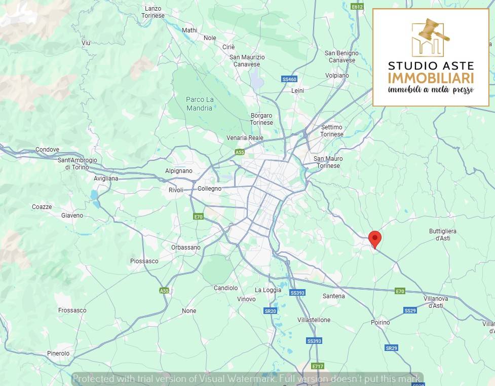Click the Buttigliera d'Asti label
click(x=443, y=234)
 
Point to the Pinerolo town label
click(x=58, y=353)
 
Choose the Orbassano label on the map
click(x=186, y=248)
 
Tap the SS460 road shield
click(x=289, y=79)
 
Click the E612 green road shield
click(x=357, y=7)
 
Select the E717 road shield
click(x=318, y=366)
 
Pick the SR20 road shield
click(x=270, y=311)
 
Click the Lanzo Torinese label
click(x=153, y=12)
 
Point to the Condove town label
click(x=47, y=150)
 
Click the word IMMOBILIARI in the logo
click(x=431, y=78)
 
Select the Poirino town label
click(x=380, y=322)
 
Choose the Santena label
click(x=333, y=296)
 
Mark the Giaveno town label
click(x=72, y=216)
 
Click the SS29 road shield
click(x=410, y=310)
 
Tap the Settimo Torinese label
click(x=332, y=130)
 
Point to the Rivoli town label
click(x=176, y=190)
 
